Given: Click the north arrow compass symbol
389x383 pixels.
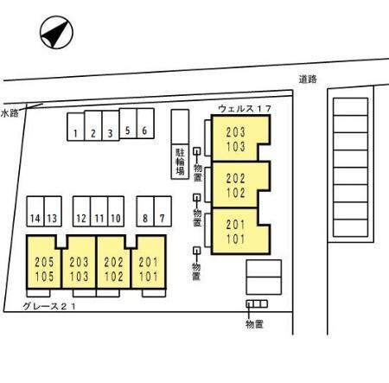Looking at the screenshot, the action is tap(56, 32).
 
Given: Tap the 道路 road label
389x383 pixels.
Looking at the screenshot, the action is tap(308, 79).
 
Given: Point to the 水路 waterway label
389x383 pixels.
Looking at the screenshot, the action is tap(10, 113).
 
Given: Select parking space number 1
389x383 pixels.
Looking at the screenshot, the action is tap(76, 127).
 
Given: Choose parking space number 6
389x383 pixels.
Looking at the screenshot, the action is tap(145, 124).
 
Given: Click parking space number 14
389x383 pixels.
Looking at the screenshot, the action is tap(35, 211).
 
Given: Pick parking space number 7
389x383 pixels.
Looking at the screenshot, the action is tap(163, 211).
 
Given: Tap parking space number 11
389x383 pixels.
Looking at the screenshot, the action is tap(99, 211).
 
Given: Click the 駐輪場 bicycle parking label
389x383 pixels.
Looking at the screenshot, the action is tap(180, 162).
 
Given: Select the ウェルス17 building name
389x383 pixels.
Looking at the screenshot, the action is tap(245, 109).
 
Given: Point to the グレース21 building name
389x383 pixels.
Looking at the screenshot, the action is tap(49, 306).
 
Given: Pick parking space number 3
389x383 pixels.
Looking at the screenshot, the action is tap(111, 125).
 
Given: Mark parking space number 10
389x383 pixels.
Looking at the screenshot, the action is tap(116, 211).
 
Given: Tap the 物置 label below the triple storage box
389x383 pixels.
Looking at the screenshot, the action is tap(254, 324).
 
